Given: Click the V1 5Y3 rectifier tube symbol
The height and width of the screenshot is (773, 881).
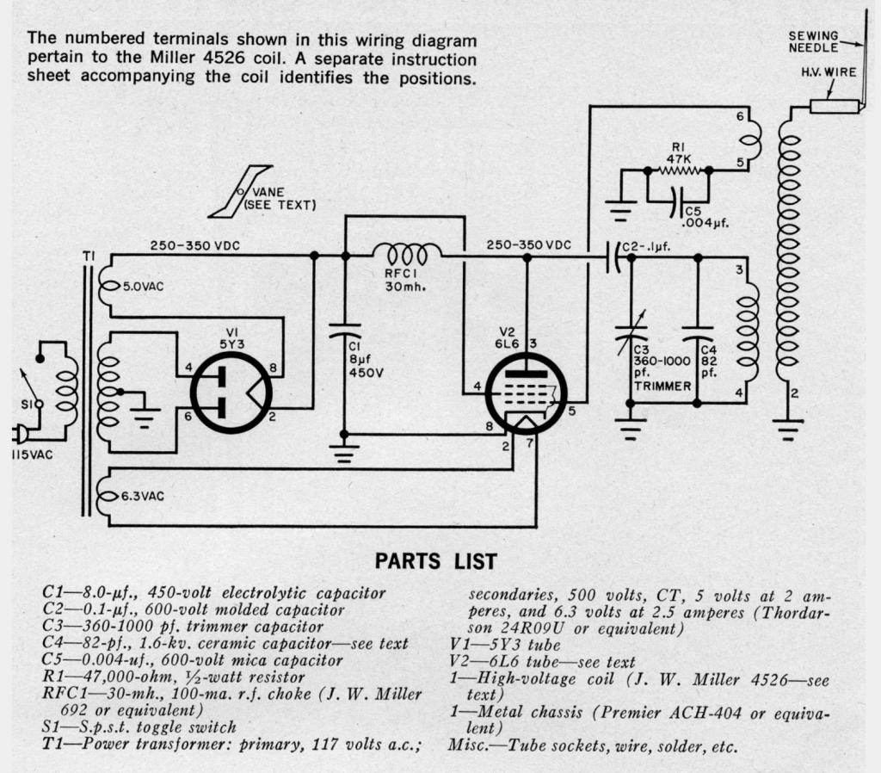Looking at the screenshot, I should click(231, 392).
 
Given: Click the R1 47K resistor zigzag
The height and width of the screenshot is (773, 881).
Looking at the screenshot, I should click(679, 171).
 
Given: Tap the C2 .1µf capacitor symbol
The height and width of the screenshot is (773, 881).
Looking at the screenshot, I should click(613, 256).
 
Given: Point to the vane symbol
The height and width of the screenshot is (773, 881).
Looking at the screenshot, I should click(242, 191).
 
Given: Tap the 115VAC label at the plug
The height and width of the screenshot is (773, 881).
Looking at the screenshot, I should click(32, 454).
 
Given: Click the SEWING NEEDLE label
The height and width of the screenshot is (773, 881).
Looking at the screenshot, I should click(813, 41).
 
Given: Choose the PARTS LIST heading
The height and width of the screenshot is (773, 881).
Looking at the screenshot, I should click(435, 561).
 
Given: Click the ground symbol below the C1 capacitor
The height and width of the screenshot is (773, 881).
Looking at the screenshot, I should click(344, 453).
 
